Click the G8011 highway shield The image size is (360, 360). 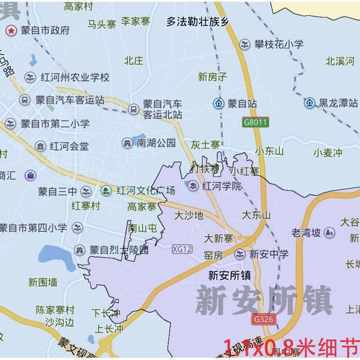pyautogui.click(x=255, y=122)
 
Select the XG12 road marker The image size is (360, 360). pyautogui.click(x=181, y=249)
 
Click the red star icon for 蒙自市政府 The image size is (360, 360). pyautogui.click(x=10, y=30)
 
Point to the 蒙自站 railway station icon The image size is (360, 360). pyautogui.click(x=218, y=103)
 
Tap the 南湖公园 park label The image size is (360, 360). pyautogui.click(x=156, y=143)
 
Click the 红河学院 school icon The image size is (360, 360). pyautogui.click(x=192, y=186)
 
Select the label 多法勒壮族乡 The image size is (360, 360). pyautogui.click(x=197, y=21)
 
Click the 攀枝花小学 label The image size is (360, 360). pyautogui.click(x=279, y=44)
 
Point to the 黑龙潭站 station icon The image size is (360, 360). pyautogui.click(x=308, y=103)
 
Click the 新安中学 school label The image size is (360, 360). pyautogui.click(x=269, y=254)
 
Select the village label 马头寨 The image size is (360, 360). pyautogui.click(x=101, y=24)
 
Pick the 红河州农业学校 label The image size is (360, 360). pyautogui.click(x=76, y=77)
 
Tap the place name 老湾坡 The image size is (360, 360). pyautogui.click(x=307, y=233)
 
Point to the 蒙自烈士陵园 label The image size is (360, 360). pyautogui.click(x=119, y=250)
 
